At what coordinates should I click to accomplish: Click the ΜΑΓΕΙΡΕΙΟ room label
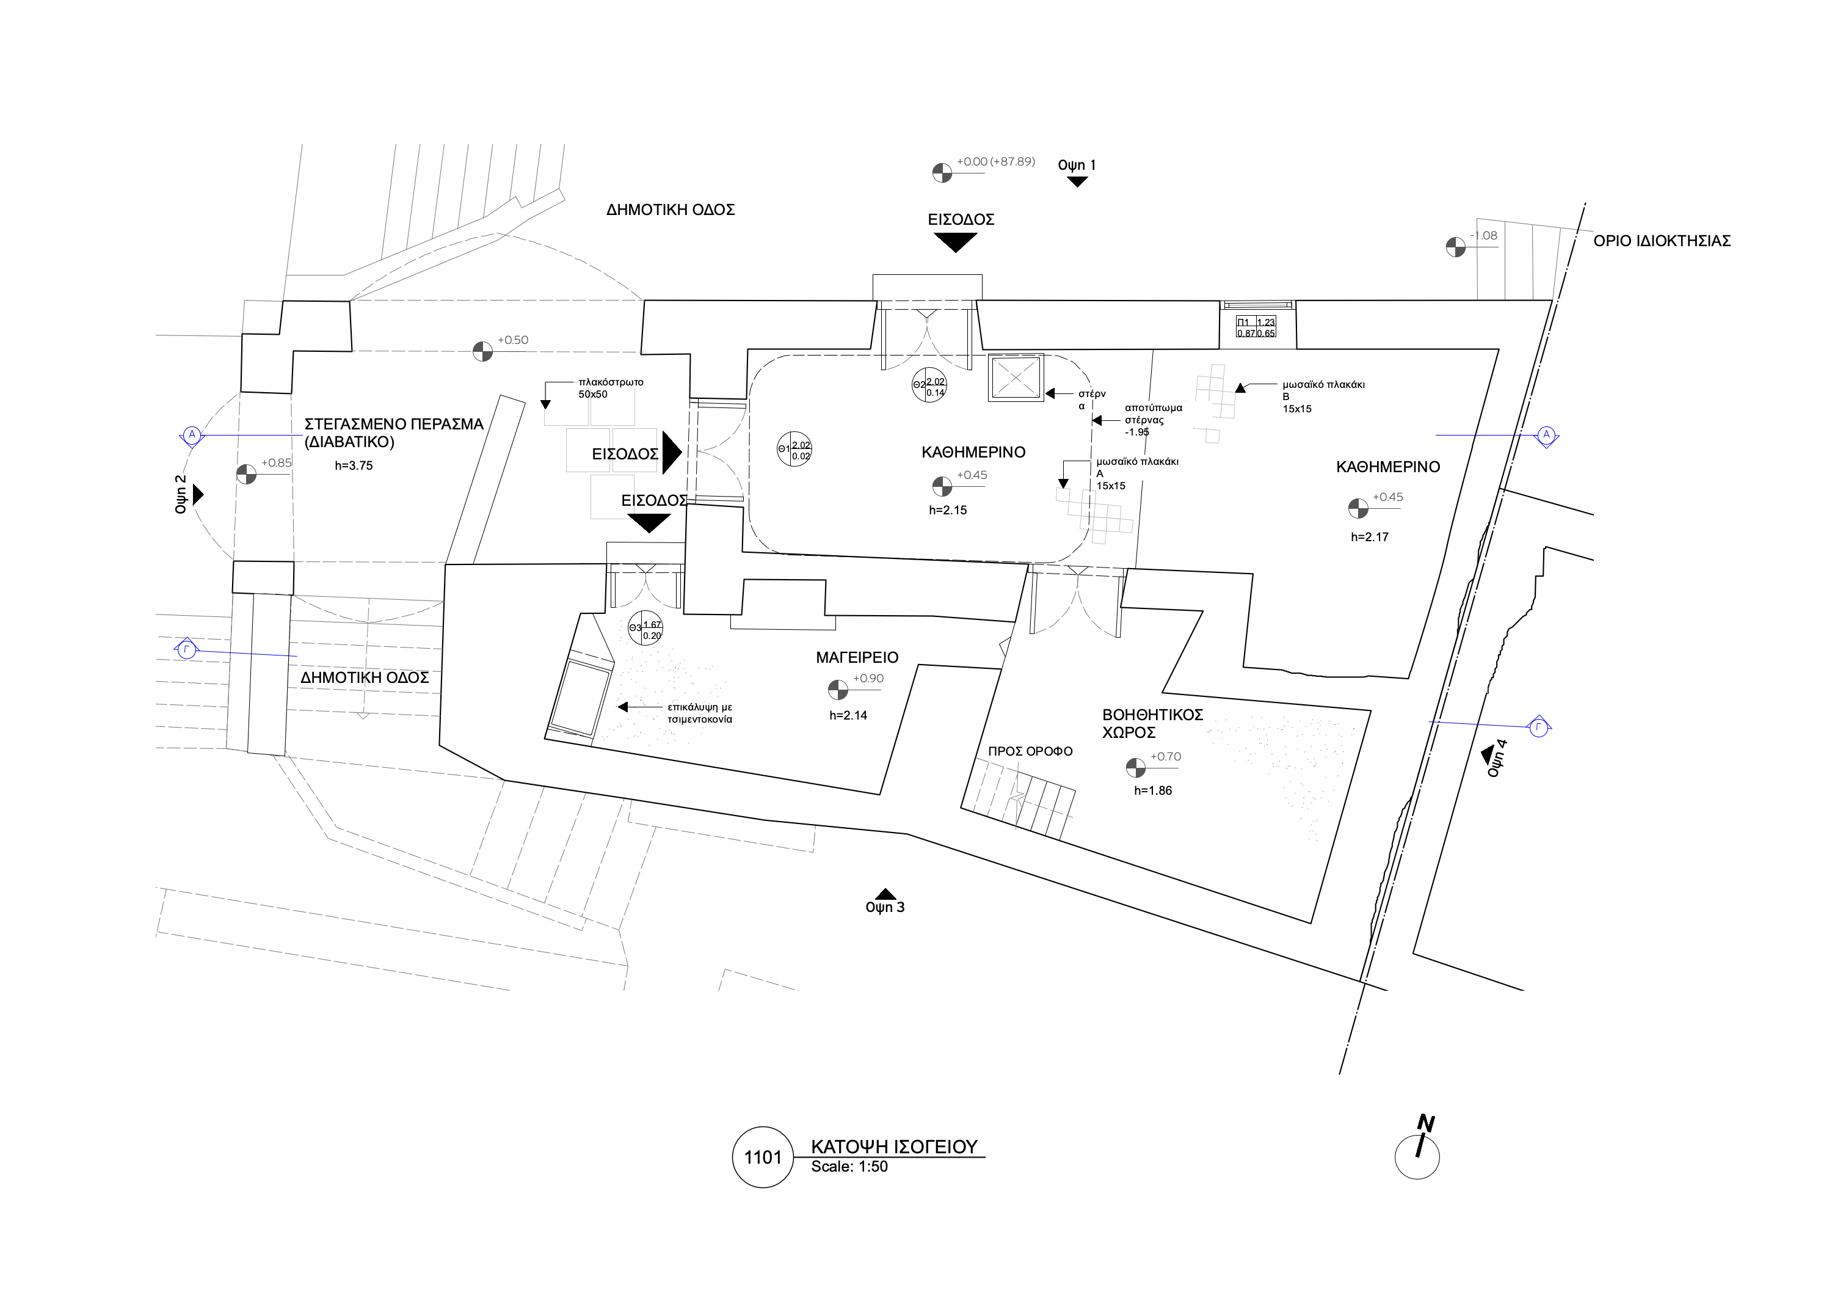pyautogui.click(x=857, y=657)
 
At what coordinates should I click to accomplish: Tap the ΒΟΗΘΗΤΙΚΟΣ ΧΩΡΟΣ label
pyautogui.click(x=1152, y=723)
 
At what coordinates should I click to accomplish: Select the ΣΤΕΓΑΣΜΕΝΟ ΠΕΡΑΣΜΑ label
pyautogui.click(x=393, y=432)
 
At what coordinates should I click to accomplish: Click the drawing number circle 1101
pyautogui.click(x=762, y=1157)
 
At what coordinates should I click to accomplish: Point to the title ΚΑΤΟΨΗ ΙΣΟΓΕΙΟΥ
pyautogui.click(x=893, y=1147)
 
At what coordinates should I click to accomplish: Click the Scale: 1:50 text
pyautogui.click(x=849, y=1167)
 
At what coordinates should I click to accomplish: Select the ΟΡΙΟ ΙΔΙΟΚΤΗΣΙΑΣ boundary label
pyautogui.click(x=1661, y=241)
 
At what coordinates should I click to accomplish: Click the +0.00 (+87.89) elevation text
pyautogui.click(x=996, y=162)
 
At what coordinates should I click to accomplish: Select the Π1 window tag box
pyautogui.click(x=1256, y=327)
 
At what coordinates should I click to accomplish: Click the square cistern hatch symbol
pyautogui.click(x=1015, y=378)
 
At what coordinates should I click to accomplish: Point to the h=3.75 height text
pyautogui.click(x=354, y=466)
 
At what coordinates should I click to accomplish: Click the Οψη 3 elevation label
pyautogui.click(x=885, y=907)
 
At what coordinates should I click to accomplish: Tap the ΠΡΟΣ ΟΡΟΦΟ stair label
pyautogui.click(x=1030, y=751)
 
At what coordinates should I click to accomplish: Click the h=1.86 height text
pyautogui.click(x=1153, y=790)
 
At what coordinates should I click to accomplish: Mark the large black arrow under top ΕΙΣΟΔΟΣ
pyautogui.click(x=955, y=242)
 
